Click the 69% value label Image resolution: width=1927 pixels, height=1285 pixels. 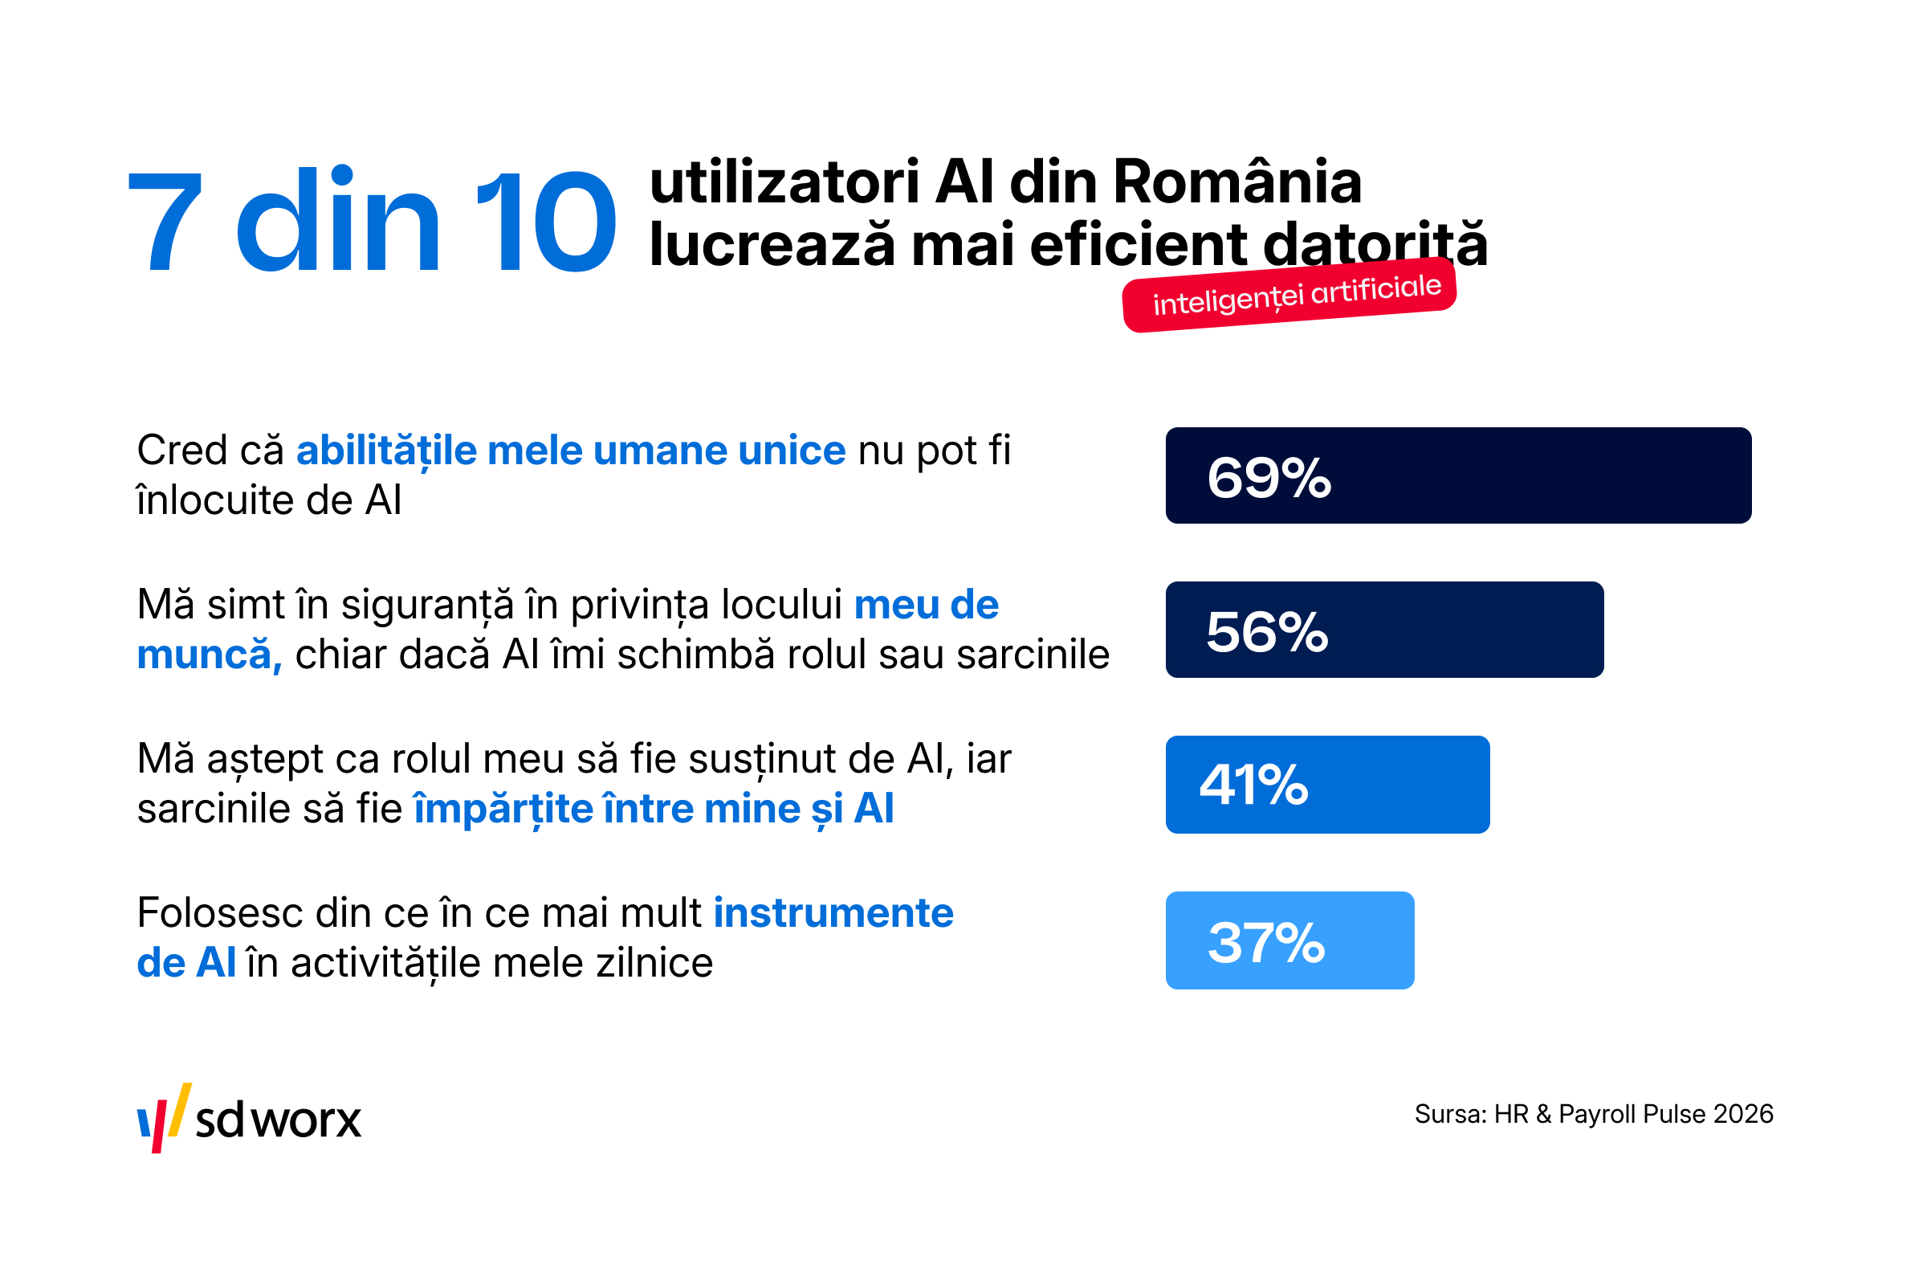pos(1269,479)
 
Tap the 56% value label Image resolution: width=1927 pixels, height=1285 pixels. pos(1267,632)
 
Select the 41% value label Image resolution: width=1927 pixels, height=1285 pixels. pos(1253,785)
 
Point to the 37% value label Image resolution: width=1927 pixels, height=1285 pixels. pos(1266,941)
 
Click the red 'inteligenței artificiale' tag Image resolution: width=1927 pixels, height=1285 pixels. pos(1289,295)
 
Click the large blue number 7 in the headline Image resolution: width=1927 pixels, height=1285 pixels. pos(165,222)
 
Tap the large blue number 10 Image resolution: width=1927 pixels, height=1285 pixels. pos(545,222)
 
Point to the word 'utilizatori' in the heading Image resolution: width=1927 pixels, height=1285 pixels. pos(784,182)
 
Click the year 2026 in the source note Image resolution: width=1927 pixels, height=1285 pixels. pos(1742,1115)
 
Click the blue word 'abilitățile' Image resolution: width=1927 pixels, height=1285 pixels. pos(387,451)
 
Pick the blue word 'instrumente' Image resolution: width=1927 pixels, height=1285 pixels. pos(834,913)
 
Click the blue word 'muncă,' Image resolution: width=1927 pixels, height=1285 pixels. pos(210,655)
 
